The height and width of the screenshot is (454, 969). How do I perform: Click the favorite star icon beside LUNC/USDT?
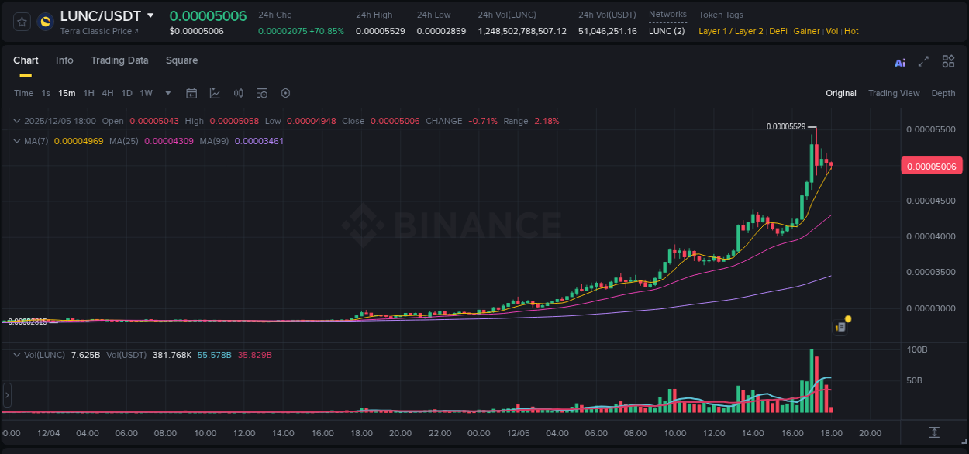pos(22,22)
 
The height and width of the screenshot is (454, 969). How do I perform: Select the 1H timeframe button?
pos(88,93)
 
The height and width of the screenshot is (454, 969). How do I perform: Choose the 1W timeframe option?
pos(146,93)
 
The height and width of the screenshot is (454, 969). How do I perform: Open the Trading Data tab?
pos(119,60)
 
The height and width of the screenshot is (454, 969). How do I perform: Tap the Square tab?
pos(181,60)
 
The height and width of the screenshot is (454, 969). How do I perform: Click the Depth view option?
pos(943,93)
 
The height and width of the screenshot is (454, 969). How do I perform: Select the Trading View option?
pos(894,93)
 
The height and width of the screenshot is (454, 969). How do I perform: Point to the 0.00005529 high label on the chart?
pos(785,126)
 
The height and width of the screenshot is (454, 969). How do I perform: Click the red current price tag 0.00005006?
pos(931,166)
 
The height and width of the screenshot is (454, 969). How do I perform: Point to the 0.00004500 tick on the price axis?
pos(930,201)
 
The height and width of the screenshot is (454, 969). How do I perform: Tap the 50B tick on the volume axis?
pos(915,380)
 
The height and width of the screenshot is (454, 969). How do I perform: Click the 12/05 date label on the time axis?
pos(517,433)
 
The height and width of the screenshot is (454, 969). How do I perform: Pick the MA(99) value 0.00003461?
pos(259,141)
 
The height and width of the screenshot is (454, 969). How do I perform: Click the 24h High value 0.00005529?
pos(380,31)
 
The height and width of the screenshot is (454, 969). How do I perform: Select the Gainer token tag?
pos(807,31)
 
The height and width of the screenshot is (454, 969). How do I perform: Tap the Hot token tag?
pos(851,31)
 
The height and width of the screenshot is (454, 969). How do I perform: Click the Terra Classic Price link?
pos(99,31)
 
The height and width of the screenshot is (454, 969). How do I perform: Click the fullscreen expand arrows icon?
pos(923,61)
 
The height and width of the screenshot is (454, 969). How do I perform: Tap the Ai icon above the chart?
pos(900,62)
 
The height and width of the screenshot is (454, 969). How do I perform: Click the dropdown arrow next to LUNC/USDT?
pos(150,15)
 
